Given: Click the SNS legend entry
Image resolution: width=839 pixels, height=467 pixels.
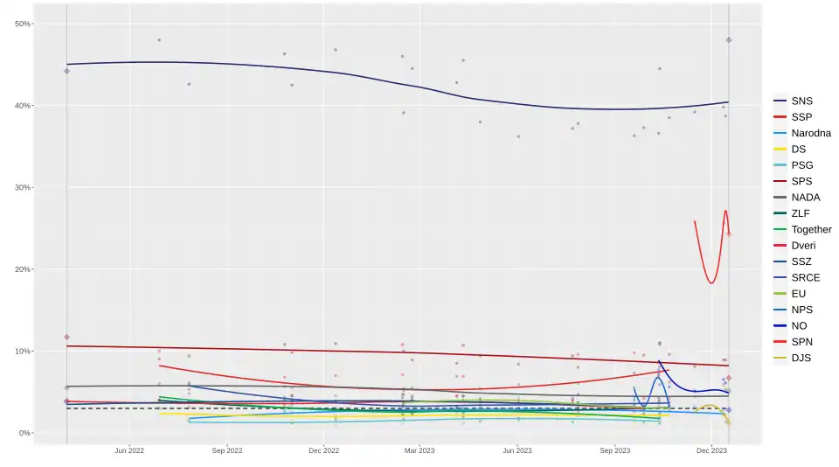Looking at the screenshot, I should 801,101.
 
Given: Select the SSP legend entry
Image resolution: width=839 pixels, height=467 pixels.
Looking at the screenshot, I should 801,117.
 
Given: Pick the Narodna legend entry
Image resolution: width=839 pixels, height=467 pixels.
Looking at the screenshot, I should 810,133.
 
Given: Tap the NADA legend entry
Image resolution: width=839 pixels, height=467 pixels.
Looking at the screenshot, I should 805,197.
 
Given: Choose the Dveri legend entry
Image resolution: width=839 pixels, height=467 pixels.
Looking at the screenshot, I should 804,246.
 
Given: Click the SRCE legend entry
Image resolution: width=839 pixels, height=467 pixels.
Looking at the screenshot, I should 805,277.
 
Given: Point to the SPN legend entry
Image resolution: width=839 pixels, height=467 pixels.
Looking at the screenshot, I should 802,342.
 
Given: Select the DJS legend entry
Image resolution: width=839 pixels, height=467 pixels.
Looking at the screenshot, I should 802,358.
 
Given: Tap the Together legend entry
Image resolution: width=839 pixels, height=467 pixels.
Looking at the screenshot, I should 810,229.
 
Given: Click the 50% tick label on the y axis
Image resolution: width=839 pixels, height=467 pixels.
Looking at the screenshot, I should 23,24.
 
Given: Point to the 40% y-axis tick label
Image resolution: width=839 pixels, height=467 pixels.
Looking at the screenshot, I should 23,106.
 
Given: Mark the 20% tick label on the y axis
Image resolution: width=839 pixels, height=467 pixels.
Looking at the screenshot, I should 23,269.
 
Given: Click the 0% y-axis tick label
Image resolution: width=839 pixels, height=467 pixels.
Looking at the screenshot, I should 25,433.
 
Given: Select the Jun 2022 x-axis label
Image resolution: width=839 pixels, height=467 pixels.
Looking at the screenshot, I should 129,451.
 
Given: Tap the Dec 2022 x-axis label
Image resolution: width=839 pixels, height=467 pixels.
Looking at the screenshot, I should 323,451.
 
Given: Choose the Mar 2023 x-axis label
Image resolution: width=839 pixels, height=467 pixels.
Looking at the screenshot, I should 419,451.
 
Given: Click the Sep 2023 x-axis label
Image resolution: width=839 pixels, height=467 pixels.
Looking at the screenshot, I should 614,451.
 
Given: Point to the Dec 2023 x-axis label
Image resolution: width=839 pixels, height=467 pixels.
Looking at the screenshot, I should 711,451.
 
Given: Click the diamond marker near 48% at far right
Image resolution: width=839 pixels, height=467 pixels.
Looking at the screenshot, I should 729,40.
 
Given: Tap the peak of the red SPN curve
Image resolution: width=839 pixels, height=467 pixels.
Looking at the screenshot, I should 725,211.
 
